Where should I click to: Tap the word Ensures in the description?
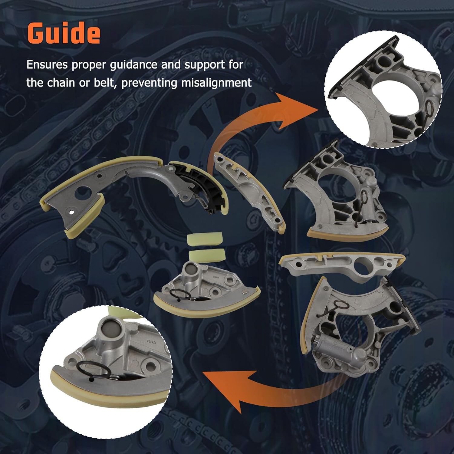pos(47,65)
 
